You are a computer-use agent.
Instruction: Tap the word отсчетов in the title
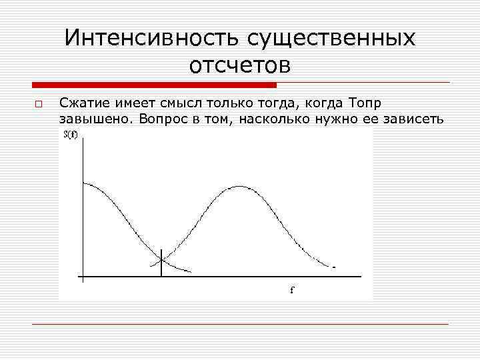240,65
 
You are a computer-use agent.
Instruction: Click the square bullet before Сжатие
39,105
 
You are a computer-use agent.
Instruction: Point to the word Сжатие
81,103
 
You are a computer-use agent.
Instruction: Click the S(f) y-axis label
71,135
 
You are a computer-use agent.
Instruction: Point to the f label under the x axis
291,291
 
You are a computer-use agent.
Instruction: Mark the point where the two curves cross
162,258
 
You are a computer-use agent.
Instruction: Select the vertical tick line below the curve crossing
162,268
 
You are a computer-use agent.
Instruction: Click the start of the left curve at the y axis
83,183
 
